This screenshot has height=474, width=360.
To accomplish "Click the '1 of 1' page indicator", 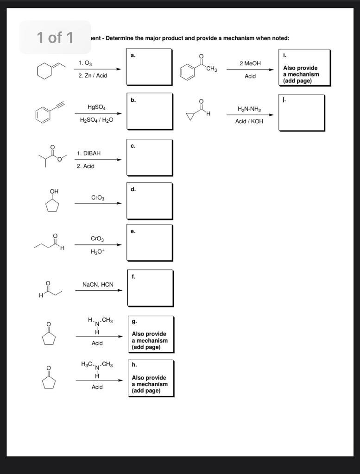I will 55,37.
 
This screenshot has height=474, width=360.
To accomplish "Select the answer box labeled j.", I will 302,112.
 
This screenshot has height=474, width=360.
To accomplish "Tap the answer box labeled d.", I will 150,202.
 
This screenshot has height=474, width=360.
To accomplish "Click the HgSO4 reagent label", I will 97,107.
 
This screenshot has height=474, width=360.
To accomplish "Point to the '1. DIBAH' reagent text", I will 89,153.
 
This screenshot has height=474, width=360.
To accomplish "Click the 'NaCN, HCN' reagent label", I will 98,285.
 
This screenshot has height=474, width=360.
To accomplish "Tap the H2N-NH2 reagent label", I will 249,109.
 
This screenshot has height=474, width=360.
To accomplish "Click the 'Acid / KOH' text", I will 249,121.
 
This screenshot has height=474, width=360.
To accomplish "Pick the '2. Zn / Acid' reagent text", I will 93,75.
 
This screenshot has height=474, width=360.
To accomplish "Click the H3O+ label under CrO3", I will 97,252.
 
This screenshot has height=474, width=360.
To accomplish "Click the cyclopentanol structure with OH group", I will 52,201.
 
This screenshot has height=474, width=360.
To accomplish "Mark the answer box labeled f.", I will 150,288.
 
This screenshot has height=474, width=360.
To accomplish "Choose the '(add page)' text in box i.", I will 298,81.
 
